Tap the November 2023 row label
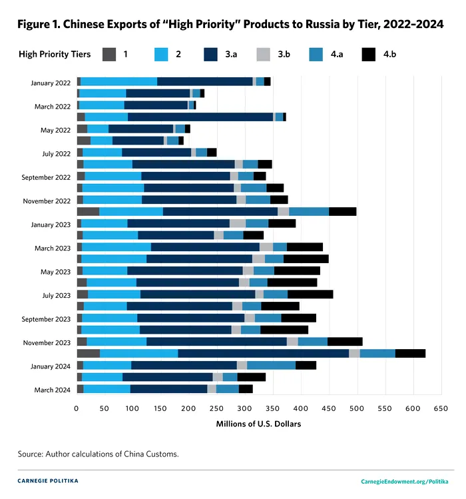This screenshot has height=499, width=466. [46, 342]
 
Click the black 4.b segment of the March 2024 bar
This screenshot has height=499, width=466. [246, 389]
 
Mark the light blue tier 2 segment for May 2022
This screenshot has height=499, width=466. [98, 129]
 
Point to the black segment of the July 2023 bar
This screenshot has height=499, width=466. [310, 294]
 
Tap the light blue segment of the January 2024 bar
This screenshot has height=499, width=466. [107, 365]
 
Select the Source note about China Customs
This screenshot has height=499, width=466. [98, 454]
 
